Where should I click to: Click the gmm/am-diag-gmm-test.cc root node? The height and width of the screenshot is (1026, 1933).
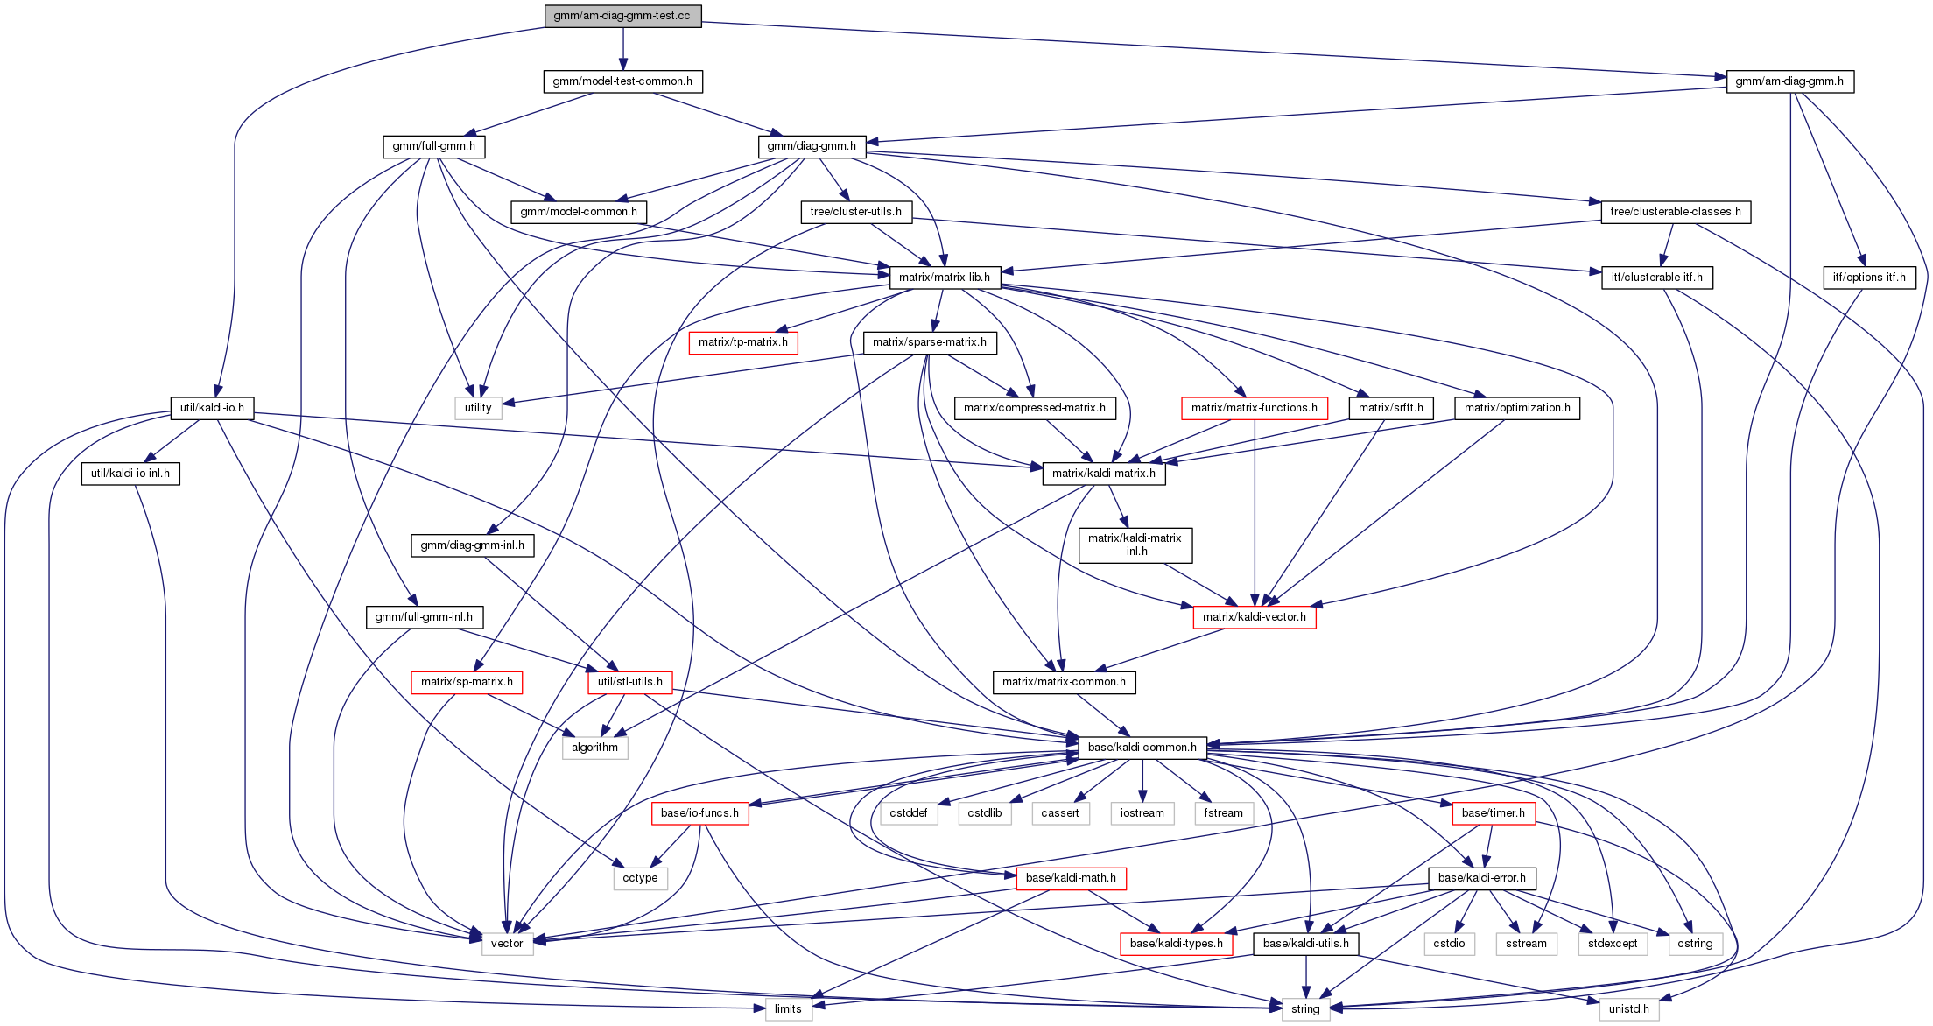click(622, 16)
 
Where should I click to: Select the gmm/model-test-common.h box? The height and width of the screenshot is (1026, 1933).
click(622, 81)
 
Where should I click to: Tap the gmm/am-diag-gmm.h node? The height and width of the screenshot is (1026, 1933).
click(1789, 81)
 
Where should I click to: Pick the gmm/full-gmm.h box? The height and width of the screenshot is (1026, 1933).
click(434, 146)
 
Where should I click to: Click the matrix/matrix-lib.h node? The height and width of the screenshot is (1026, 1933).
click(945, 278)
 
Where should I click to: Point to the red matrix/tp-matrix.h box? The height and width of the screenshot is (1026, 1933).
click(743, 342)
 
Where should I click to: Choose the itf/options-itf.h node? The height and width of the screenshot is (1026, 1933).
click(1869, 278)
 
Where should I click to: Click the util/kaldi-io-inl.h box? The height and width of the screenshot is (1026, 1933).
click(130, 474)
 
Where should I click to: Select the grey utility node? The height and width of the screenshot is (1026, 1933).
click(478, 408)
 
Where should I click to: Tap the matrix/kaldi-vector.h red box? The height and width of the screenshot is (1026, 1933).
click(1254, 617)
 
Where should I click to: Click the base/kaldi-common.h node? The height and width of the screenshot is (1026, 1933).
click(1142, 748)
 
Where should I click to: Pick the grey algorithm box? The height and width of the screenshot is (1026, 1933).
click(594, 748)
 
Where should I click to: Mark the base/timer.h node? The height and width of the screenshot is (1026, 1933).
click(1493, 813)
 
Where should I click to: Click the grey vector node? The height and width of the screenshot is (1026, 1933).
click(507, 944)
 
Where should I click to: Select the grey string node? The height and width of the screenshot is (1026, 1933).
click(1305, 1009)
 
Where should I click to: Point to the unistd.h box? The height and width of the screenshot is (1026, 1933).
click(1628, 1009)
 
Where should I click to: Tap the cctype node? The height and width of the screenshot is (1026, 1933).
click(640, 878)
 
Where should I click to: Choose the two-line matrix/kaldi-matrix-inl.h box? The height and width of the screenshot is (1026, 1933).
click(1135, 545)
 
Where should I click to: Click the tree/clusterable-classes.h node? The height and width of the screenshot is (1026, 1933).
click(1676, 212)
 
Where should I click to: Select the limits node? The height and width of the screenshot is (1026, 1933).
click(788, 1009)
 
